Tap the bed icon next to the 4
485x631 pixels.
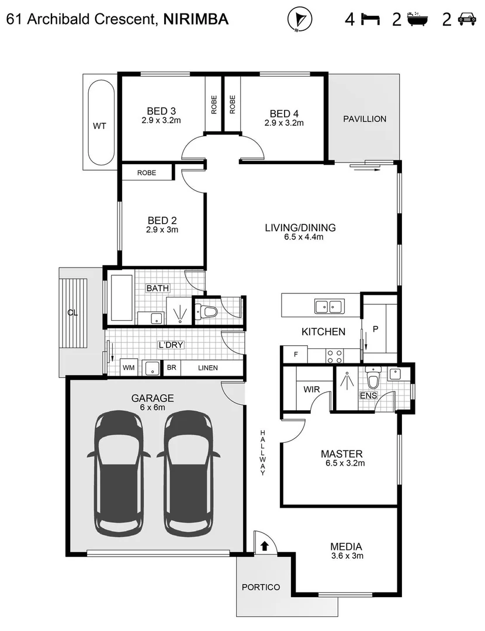tap(369, 20)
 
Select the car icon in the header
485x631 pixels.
tap(466, 20)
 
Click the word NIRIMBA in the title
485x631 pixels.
tap(196, 20)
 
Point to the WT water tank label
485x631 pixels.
tap(100, 126)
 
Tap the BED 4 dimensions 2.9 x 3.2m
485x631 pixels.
tap(284, 123)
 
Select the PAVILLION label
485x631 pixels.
tap(365, 119)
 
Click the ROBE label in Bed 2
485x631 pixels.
tap(146, 173)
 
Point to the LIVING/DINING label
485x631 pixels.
tap(300, 227)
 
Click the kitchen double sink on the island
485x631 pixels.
tap(328, 305)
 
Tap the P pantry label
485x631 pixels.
tap(376, 329)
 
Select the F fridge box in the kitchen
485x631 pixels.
tap(296, 354)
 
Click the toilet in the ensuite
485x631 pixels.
tap(372, 380)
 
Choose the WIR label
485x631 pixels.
tap(310, 389)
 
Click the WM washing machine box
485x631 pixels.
tap(129, 368)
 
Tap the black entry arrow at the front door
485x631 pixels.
tap(264, 546)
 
